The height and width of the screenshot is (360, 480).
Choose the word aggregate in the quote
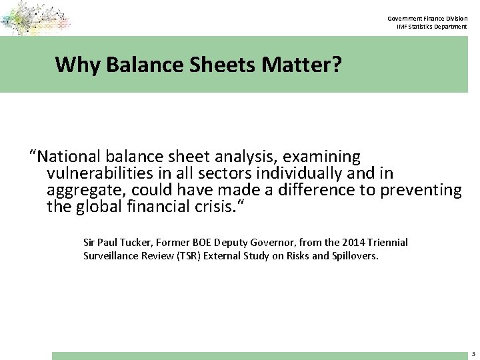click(x=84, y=191)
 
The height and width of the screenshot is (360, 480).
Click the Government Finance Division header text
click(x=427, y=18)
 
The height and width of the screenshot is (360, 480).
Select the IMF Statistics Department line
click(x=431, y=26)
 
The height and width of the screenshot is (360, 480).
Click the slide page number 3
click(x=471, y=355)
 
